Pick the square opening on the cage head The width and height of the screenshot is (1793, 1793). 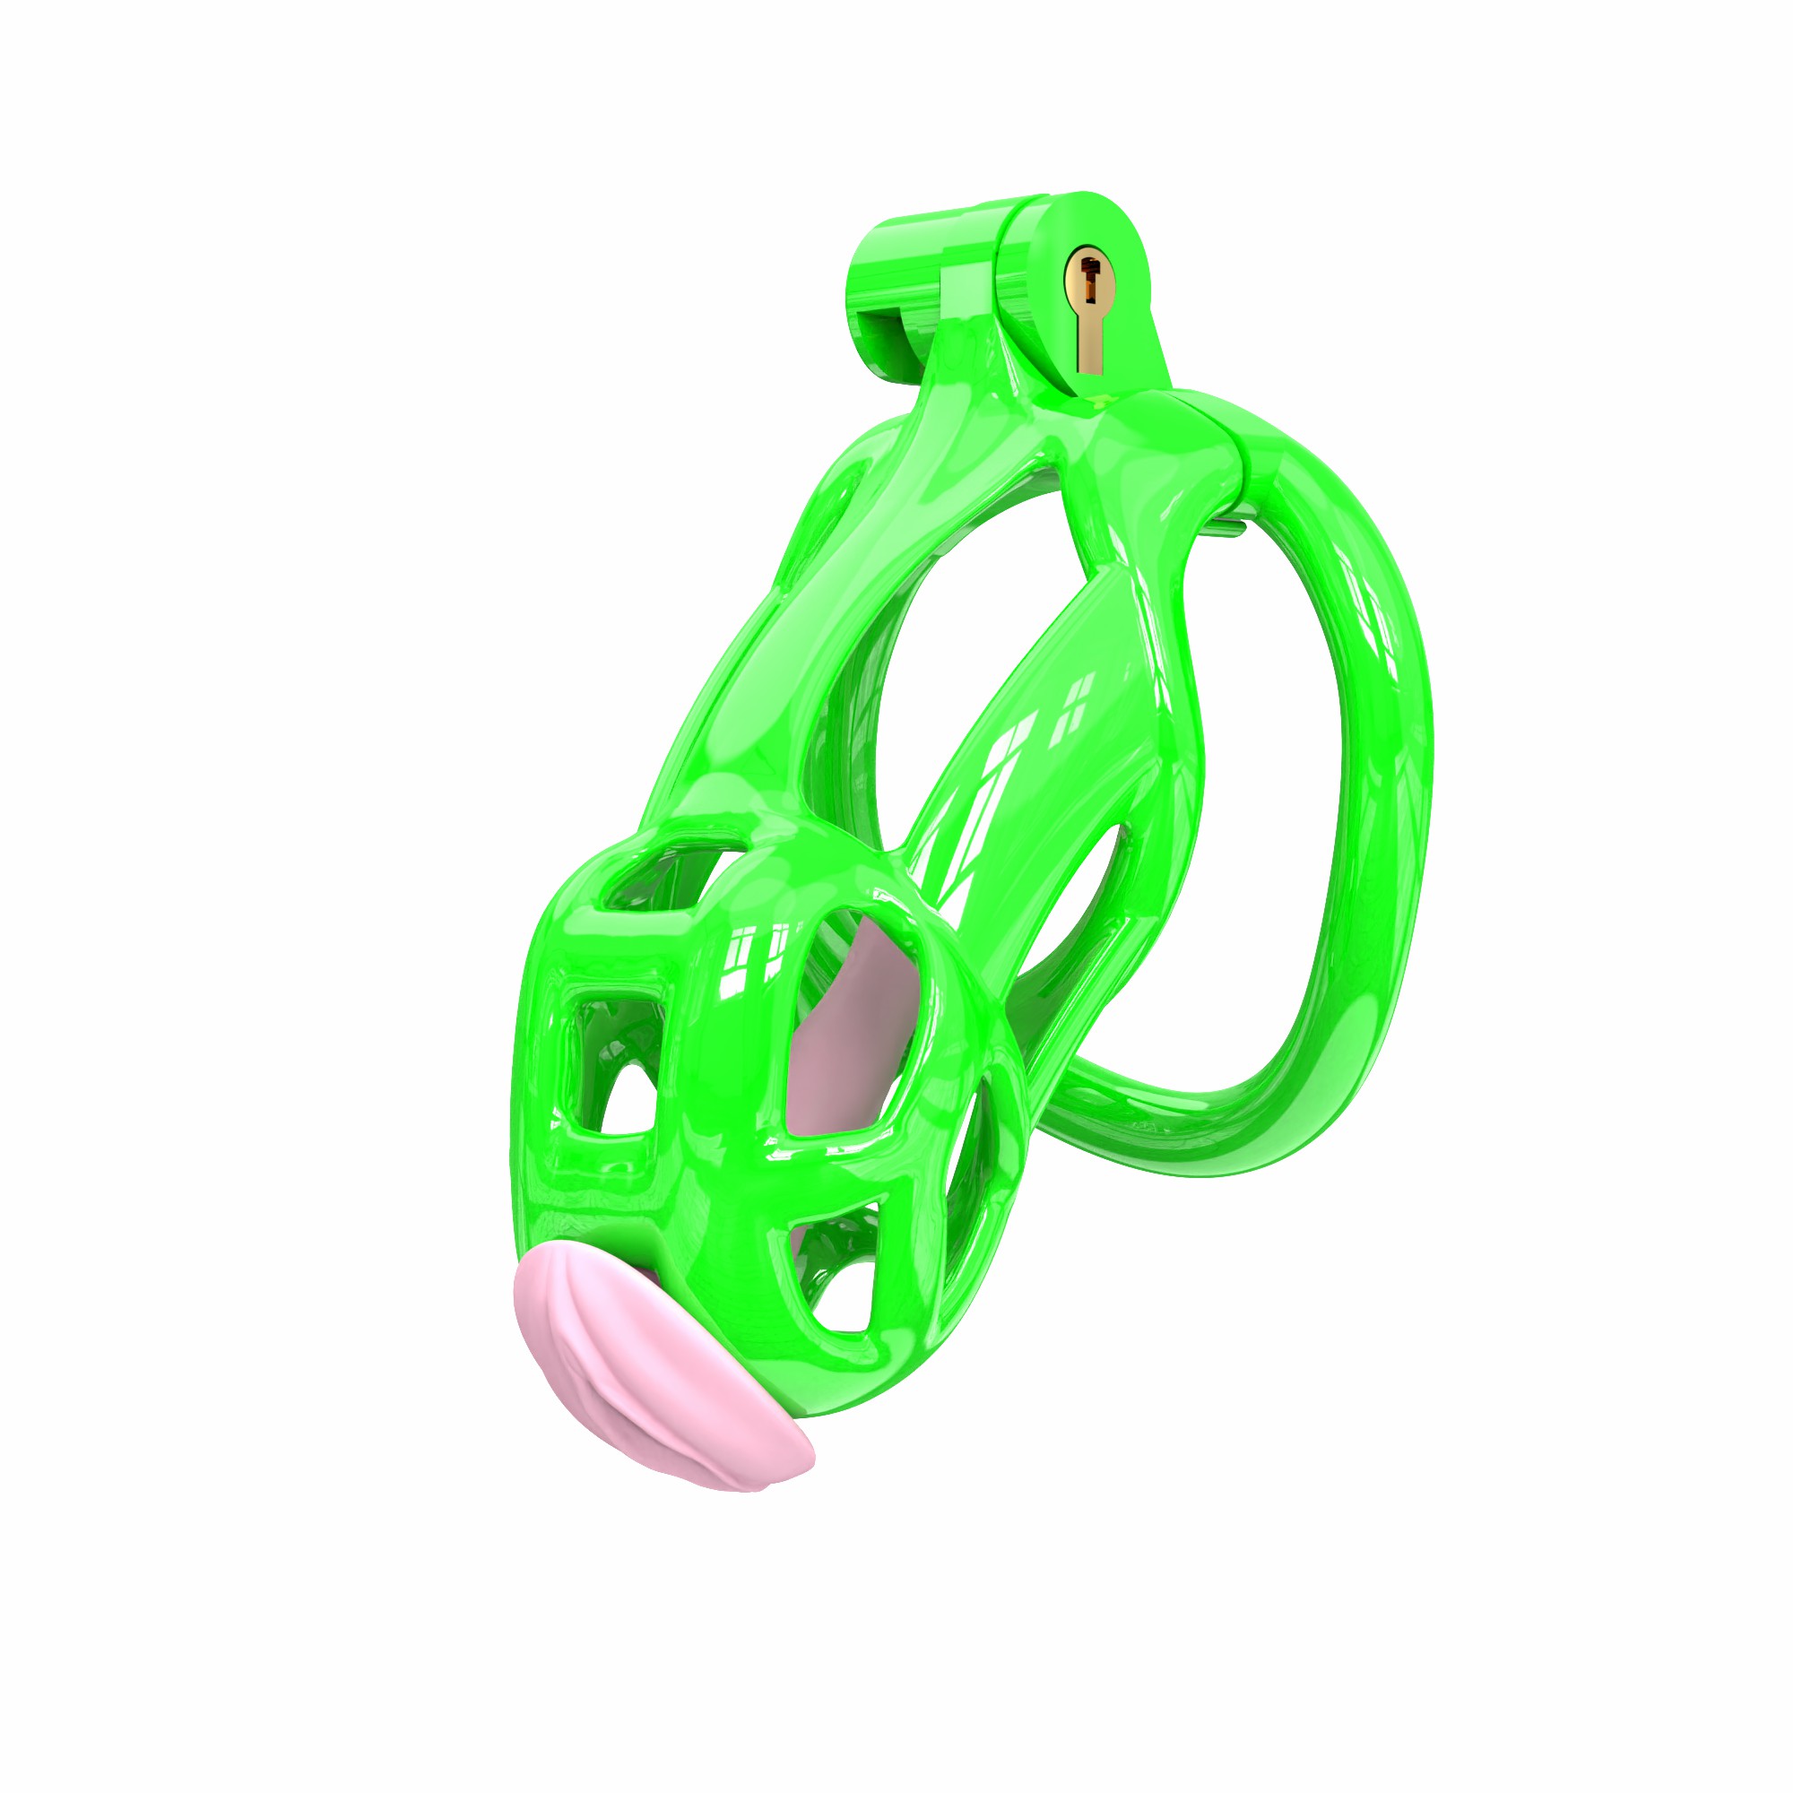612,1058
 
